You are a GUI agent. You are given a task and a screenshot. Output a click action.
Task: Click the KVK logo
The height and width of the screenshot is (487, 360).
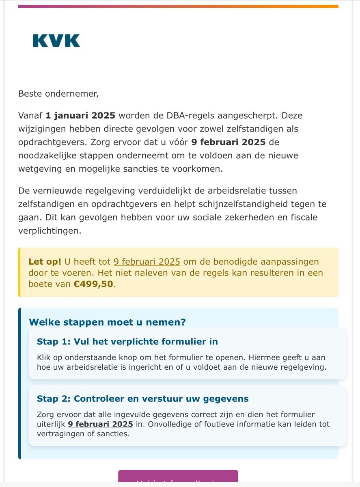point(56,41)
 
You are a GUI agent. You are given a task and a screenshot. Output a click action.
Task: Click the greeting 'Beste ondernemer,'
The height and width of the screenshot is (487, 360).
point(58,94)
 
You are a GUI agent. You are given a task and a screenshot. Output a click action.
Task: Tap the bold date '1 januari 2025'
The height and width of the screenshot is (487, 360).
point(80,115)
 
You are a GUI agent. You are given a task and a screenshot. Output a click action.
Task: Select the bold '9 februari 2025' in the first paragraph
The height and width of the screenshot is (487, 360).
point(229,142)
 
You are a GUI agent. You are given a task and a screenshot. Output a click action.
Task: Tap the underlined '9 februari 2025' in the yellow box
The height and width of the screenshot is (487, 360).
point(147,262)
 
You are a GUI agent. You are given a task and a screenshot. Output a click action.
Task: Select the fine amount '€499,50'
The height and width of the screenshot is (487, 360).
point(93,284)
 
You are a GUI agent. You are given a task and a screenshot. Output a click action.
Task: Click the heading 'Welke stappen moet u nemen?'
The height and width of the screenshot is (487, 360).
point(107,322)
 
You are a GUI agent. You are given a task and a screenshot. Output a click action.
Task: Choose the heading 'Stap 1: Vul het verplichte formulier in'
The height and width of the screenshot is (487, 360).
point(127,342)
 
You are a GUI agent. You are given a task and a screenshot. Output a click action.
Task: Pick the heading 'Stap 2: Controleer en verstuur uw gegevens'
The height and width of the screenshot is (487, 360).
point(143,399)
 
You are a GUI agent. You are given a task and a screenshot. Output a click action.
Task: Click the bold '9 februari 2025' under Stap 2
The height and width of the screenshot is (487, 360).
point(100,424)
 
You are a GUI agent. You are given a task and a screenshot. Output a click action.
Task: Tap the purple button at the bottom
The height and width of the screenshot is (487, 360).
point(178,479)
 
